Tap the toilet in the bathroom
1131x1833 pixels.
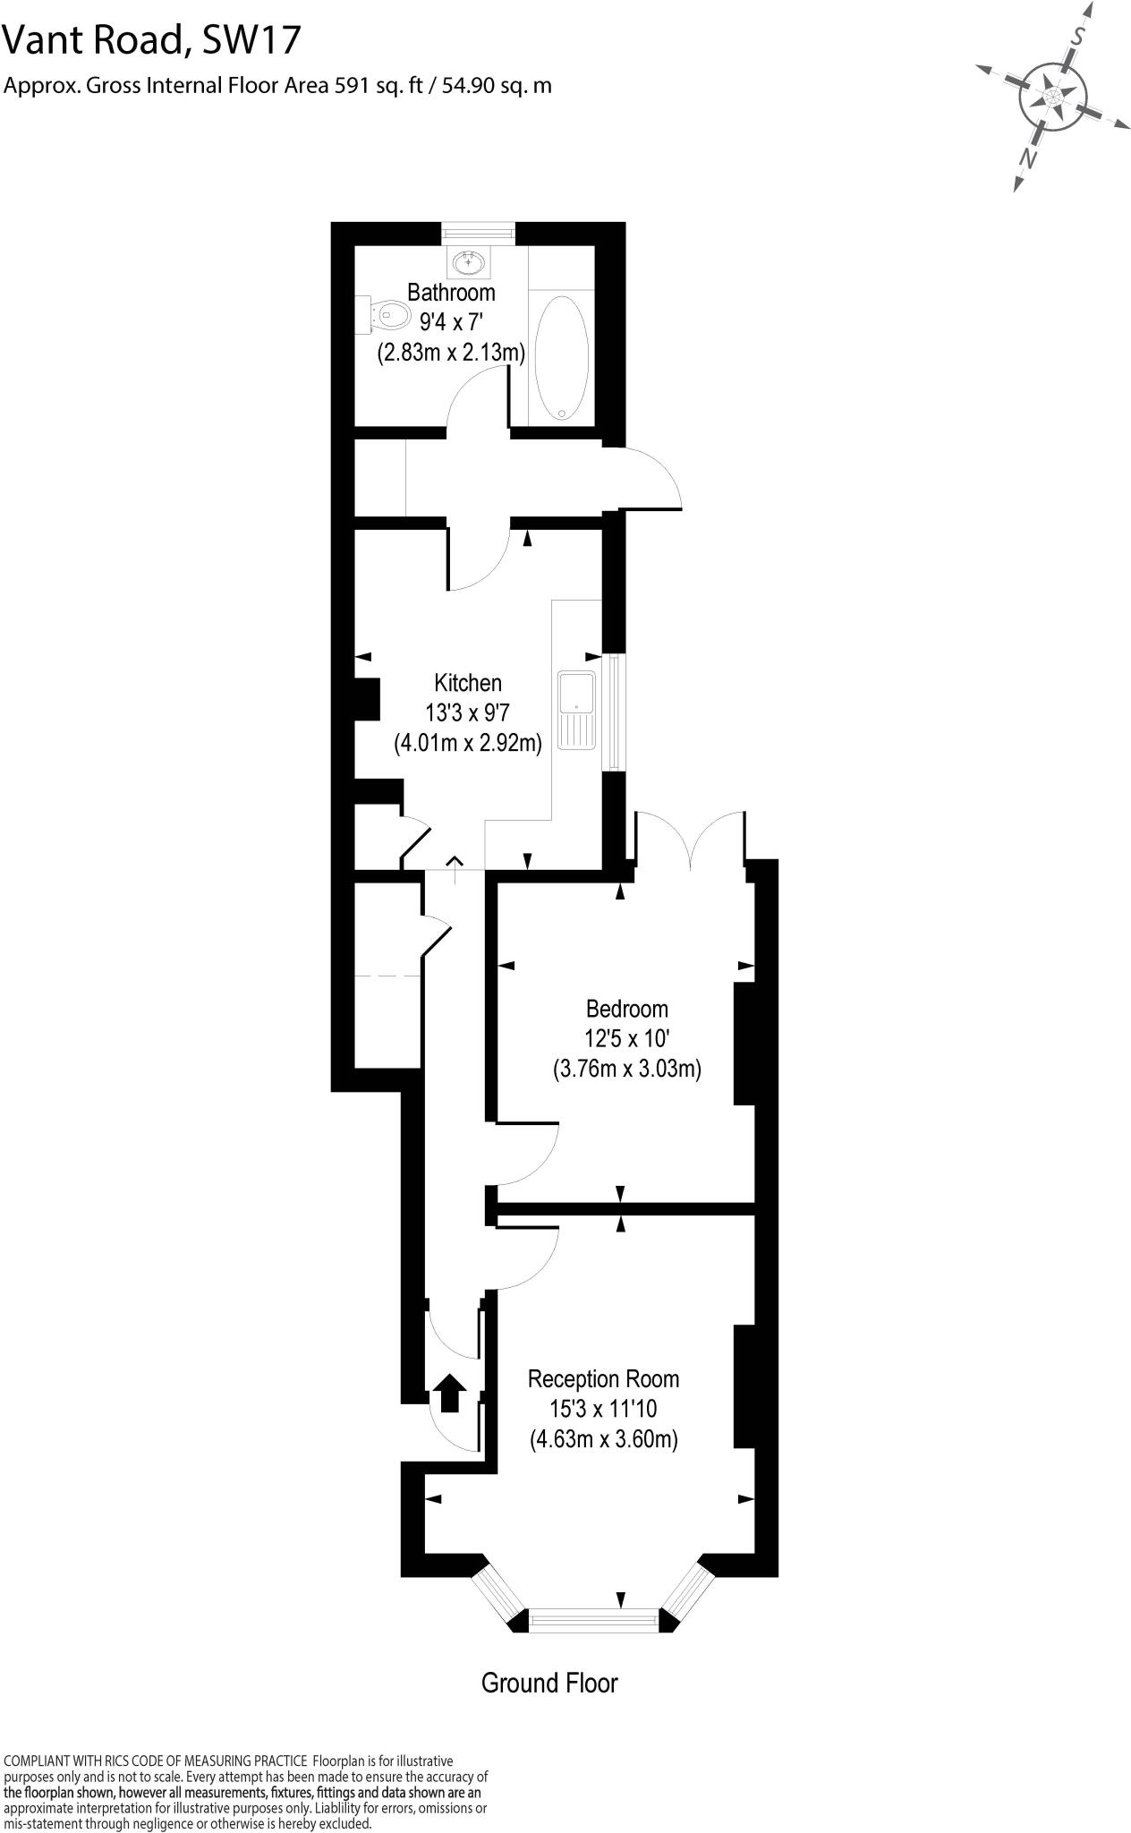click(385, 313)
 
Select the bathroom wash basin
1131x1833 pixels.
click(468, 262)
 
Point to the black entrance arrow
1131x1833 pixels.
click(449, 1393)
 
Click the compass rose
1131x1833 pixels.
click(1053, 96)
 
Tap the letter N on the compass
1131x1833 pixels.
click(1029, 158)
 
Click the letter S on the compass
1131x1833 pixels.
click(1080, 37)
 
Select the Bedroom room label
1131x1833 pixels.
click(626, 1009)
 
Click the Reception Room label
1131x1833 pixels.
click(603, 1377)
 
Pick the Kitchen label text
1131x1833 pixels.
click(467, 683)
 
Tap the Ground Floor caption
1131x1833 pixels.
click(549, 1683)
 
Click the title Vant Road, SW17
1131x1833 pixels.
click(153, 40)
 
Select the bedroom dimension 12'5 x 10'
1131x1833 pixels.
click(626, 1039)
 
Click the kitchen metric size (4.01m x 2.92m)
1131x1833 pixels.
click(468, 743)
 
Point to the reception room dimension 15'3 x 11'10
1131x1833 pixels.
click(603, 1409)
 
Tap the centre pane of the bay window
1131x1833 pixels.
click(594, 1619)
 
